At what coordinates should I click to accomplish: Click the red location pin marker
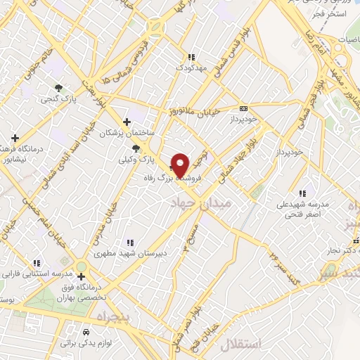[x=181, y=165]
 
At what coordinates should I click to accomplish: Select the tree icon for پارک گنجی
[x=58, y=88]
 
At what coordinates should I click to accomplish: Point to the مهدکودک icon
[x=190, y=58]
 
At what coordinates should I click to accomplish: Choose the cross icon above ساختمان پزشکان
[x=127, y=121]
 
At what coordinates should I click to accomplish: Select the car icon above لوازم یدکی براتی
[x=86, y=331]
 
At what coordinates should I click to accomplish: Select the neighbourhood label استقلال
[x=240, y=345]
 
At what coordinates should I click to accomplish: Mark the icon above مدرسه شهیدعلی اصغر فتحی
[x=302, y=193]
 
